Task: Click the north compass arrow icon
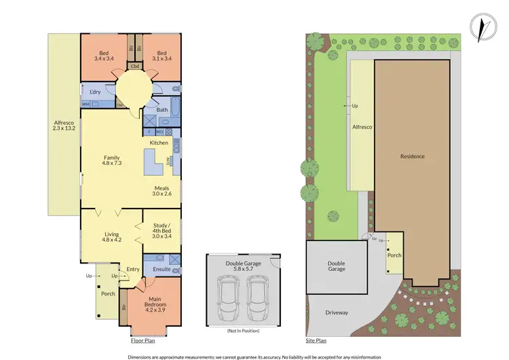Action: pyautogui.click(x=483, y=28)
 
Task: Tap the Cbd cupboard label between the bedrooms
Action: pyautogui.click(x=135, y=67)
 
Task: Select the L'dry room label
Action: pyautogui.click(x=95, y=92)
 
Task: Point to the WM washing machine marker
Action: pyautogui.click(x=86, y=104)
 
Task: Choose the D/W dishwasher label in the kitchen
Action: pyautogui.click(x=170, y=159)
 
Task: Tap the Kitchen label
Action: pyautogui.click(x=159, y=143)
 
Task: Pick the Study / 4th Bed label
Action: pyautogui.click(x=162, y=232)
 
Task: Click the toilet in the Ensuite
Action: pyautogui.click(x=153, y=257)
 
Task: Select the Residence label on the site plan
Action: pyautogui.click(x=412, y=156)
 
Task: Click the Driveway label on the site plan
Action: pyautogui.click(x=337, y=312)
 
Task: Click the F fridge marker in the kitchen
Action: pyautogui.click(x=149, y=130)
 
